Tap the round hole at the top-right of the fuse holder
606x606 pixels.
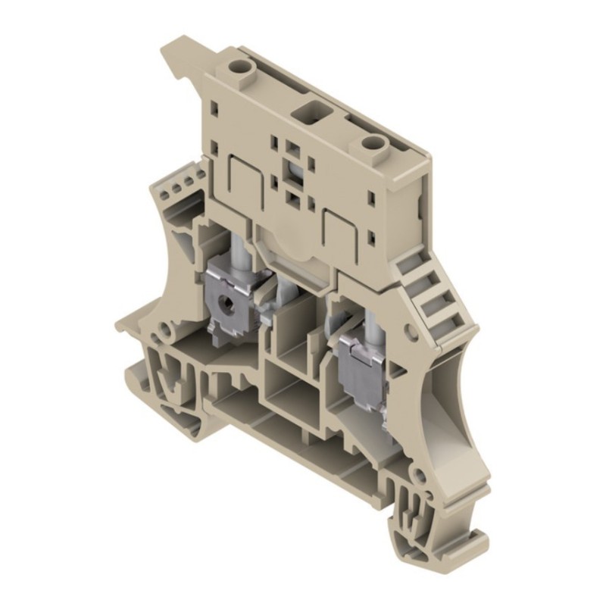tap(371, 143)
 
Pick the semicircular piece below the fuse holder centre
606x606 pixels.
tap(289, 250)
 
